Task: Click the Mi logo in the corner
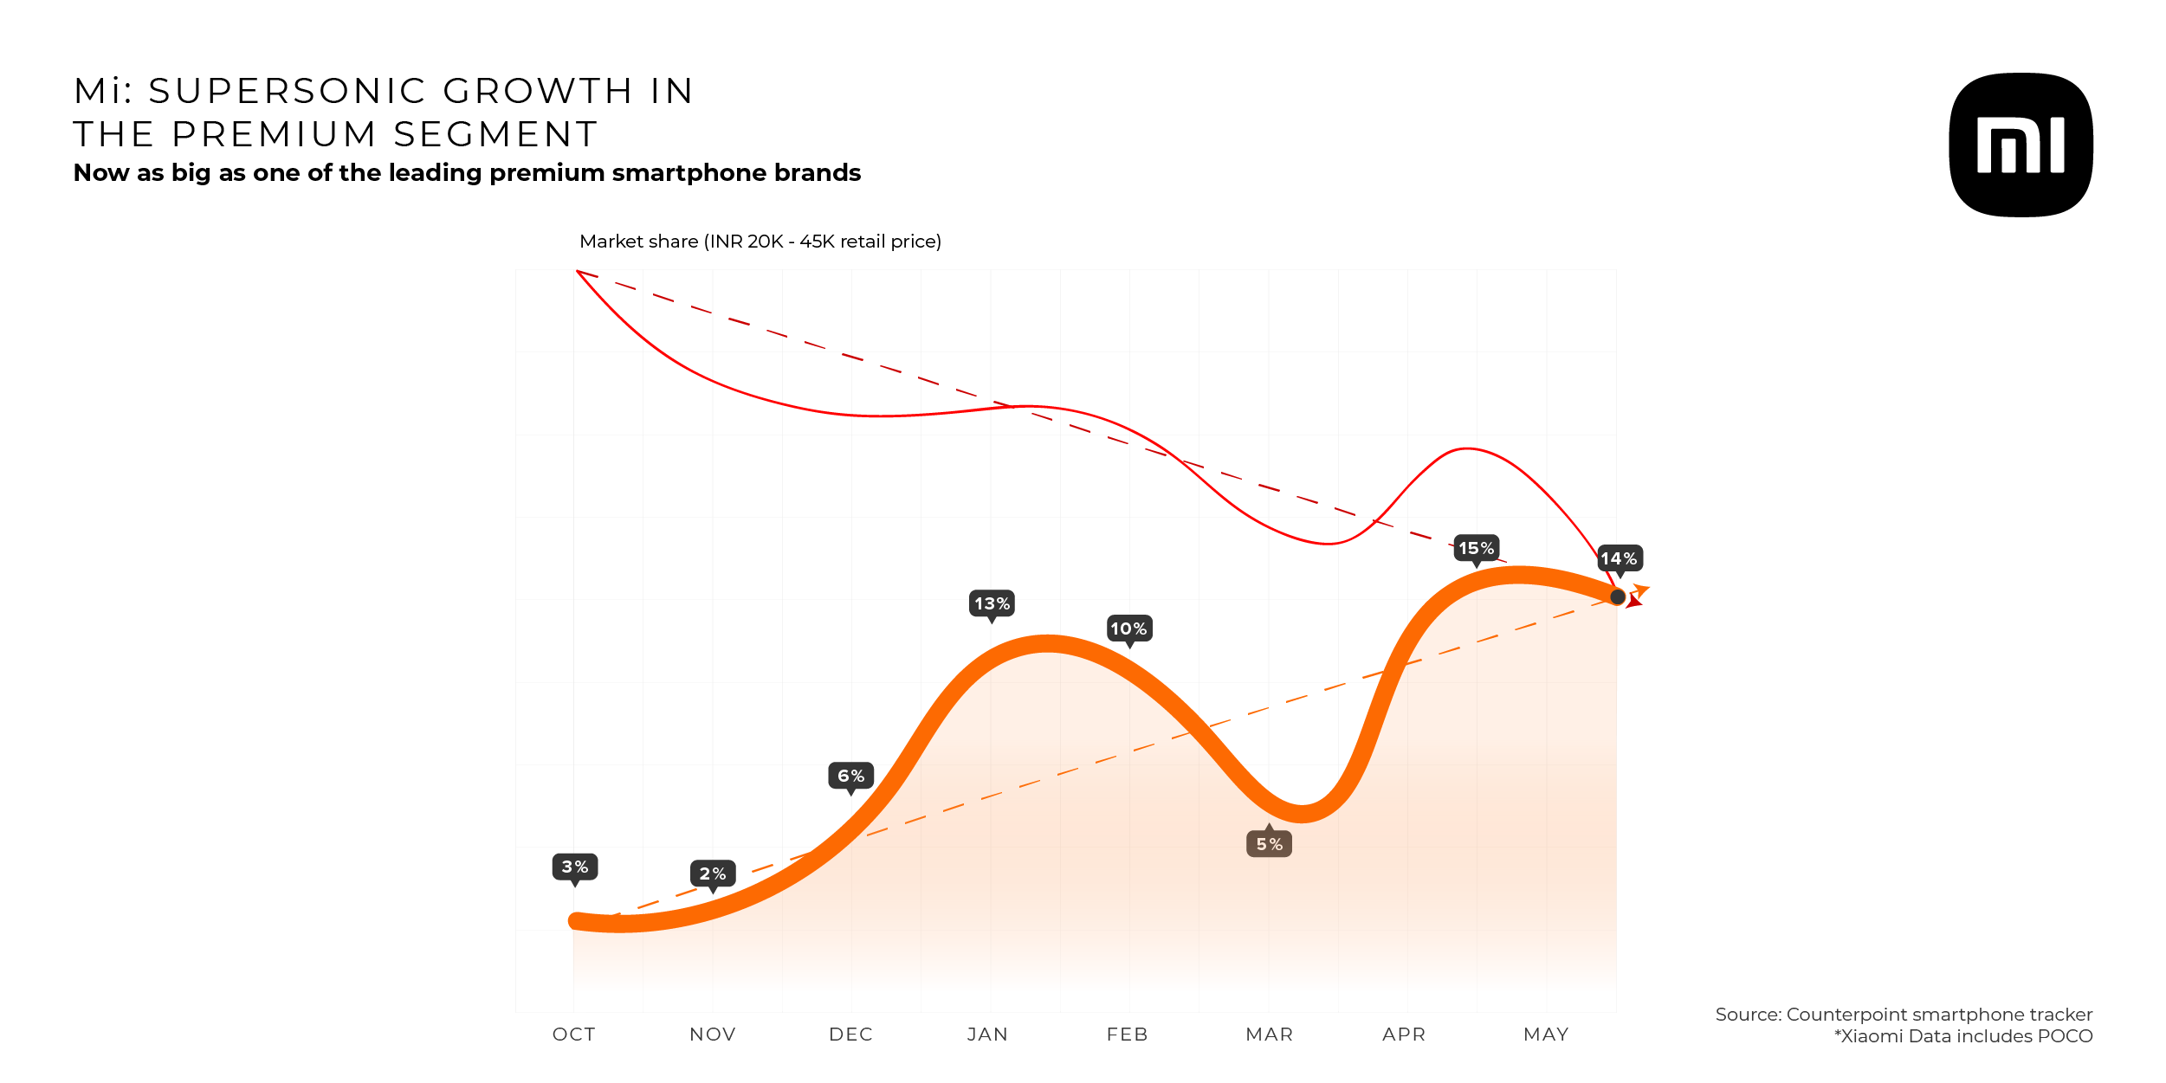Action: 2021,145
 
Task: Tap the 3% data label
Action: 575,867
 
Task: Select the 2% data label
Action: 713,873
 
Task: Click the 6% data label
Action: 850,776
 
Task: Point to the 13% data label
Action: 992,603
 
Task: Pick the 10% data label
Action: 1129,629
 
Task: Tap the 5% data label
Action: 1269,844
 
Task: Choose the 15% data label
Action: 1476,548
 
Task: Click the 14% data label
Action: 1619,558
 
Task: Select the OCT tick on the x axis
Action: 574,1035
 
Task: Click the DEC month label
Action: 850,1035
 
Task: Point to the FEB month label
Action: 1127,1035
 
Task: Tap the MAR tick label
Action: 1269,1035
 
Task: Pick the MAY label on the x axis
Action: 1546,1035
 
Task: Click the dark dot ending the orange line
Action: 1617,596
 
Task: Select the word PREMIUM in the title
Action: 275,134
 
